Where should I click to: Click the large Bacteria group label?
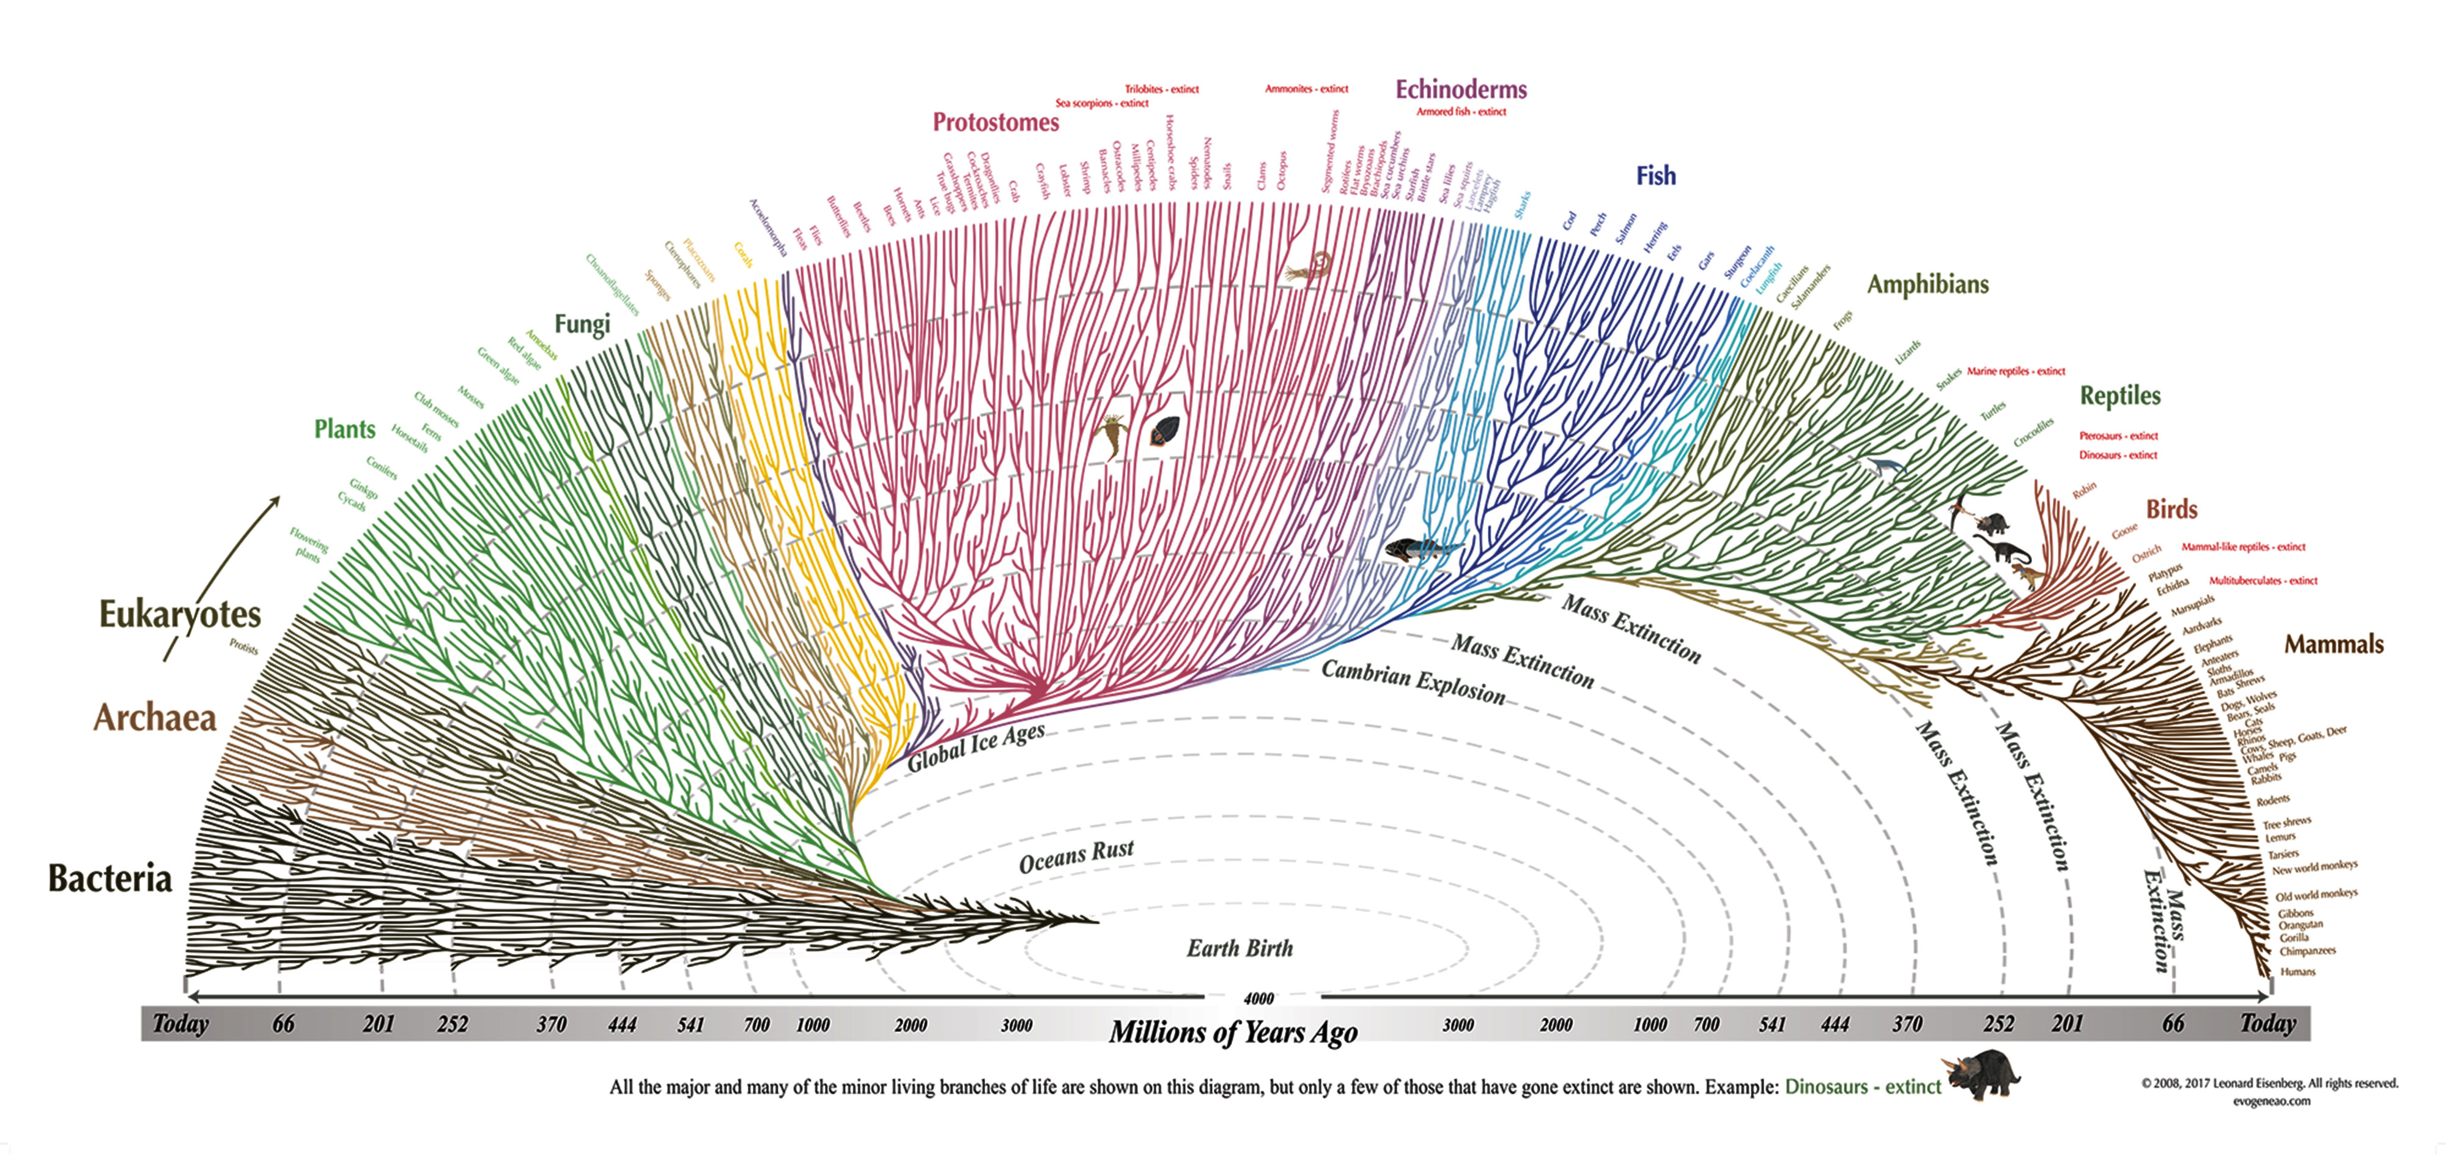coord(110,878)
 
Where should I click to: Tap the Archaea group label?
coord(155,717)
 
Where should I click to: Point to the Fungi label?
coord(582,324)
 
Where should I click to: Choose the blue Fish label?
coord(1655,176)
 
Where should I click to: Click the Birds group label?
coord(2171,509)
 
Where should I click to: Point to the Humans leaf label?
coord(2298,971)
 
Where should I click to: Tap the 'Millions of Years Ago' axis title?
coord(1233,1033)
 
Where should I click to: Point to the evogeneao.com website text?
coord(2270,1101)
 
